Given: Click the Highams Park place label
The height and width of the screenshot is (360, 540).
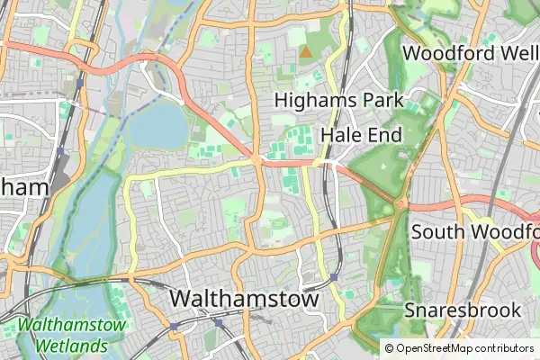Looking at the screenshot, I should tap(338, 100).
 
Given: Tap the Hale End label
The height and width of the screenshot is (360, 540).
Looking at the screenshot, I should tap(361, 134).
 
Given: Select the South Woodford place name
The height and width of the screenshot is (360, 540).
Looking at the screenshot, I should tap(475, 231).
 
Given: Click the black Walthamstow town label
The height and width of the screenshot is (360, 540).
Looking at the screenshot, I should tap(244, 298).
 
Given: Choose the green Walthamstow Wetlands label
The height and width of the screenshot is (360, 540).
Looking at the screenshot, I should tap(72, 335).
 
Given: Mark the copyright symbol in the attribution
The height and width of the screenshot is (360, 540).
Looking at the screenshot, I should tap(390, 348).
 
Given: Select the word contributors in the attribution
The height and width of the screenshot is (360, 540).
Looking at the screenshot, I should tap(507, 348).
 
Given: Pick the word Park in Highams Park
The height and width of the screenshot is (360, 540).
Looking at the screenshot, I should tap(378, 100).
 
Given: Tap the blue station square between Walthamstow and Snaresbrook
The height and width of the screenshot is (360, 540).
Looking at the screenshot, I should tap(334, 277).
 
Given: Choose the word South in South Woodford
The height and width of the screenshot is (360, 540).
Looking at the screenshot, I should tap(439, 231).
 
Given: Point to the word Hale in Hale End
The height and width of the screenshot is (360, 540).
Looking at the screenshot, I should tap(340, 134).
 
